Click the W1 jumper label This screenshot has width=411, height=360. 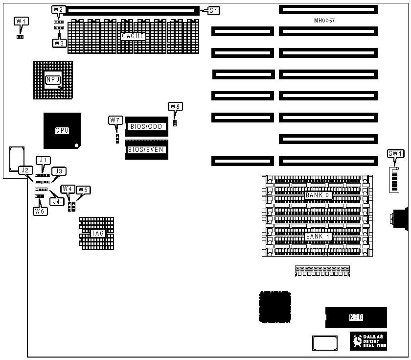pos(20,21)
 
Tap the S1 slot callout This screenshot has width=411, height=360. pos(214,10)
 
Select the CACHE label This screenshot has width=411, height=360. pos(133,36)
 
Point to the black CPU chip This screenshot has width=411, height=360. pos(62,130)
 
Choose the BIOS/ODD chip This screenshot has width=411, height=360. pos(146,126)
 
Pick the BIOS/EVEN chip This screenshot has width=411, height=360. pos(146,149)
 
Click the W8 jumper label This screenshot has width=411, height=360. pos(175,106)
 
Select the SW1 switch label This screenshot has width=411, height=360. pos(395,154)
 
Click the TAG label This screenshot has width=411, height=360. pos(98,234)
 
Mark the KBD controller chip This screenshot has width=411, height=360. pos(356,317)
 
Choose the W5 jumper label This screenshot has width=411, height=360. pos(83,189)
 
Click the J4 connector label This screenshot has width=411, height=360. pos(57,200)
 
